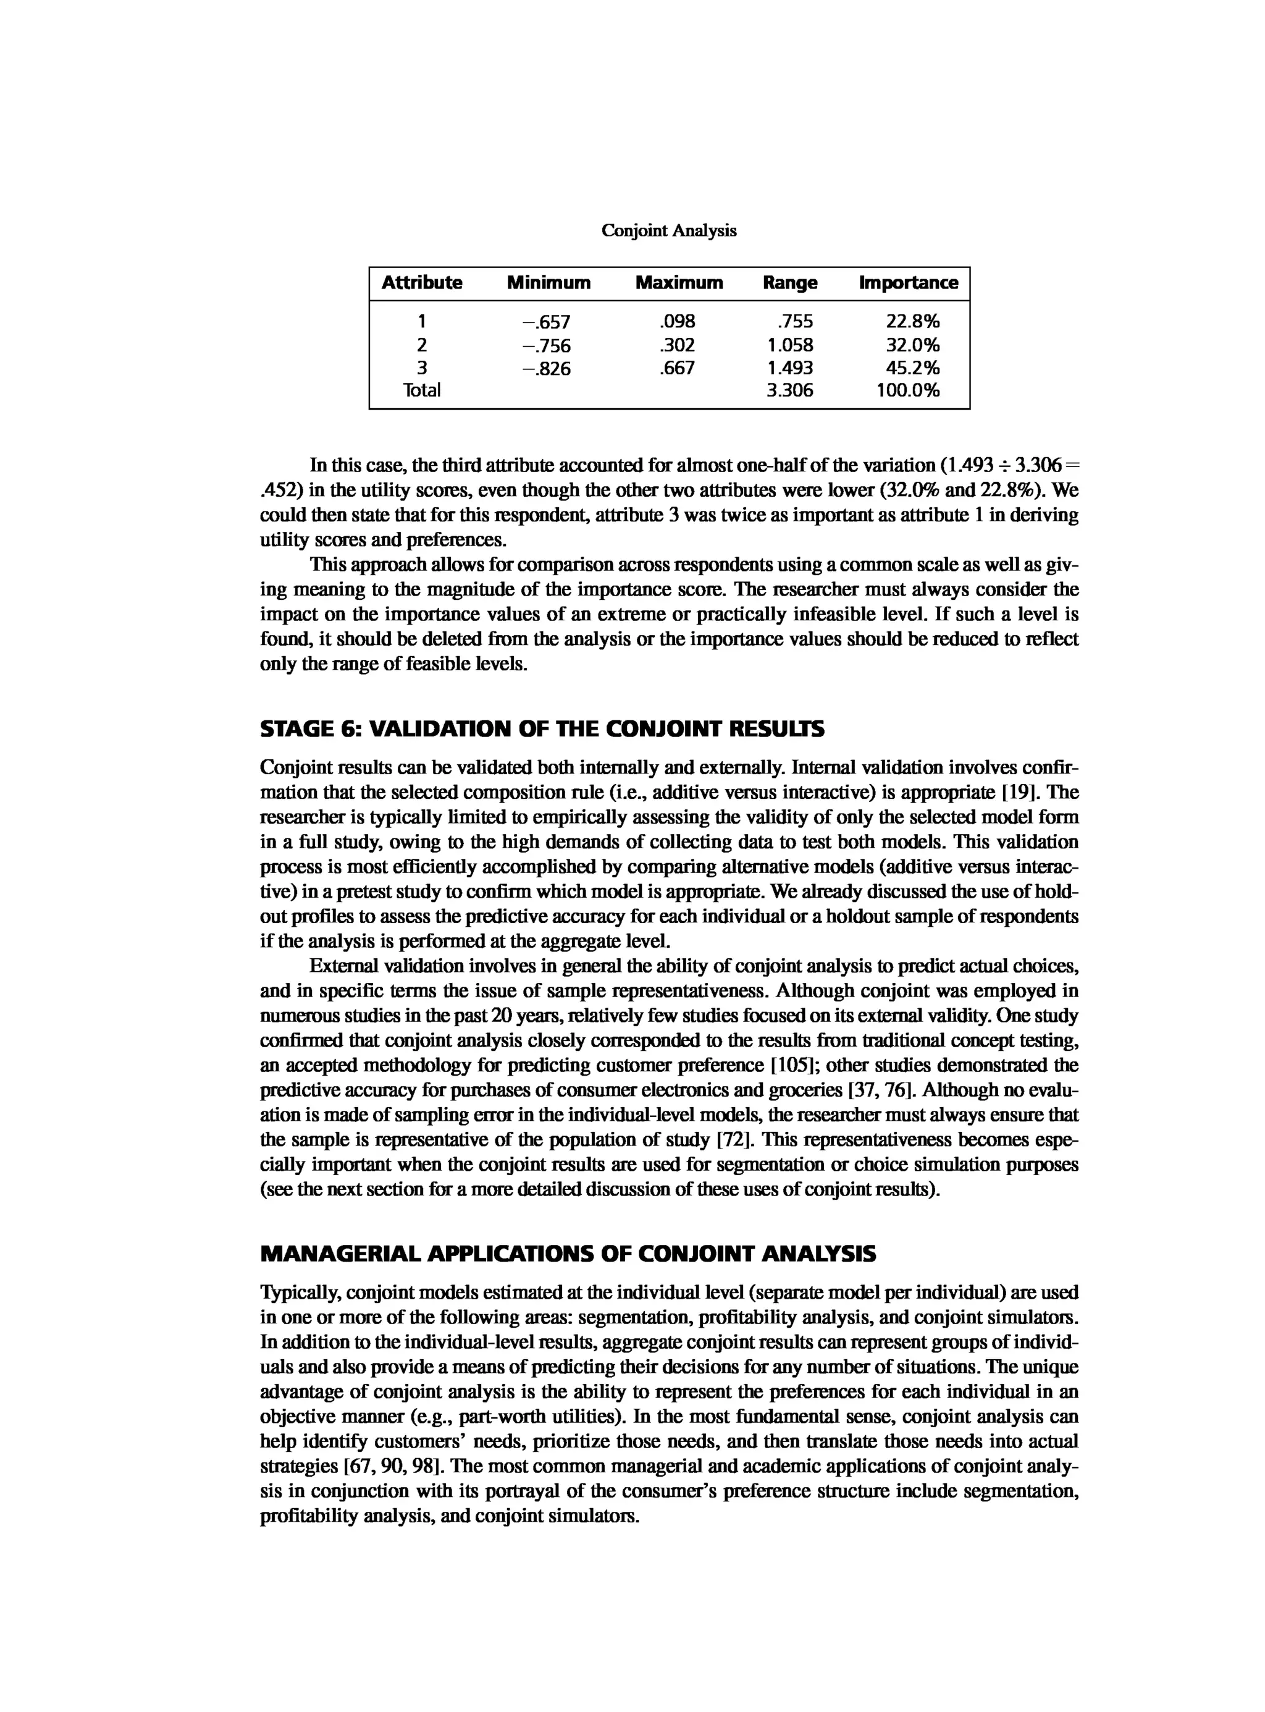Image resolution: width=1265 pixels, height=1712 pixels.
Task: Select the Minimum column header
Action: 548,282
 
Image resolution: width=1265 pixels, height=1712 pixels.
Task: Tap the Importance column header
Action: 907,282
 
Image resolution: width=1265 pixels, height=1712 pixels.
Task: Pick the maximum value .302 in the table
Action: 677,345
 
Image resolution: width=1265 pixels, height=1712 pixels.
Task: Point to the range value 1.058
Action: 789,345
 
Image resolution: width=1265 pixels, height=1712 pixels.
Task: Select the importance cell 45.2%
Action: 911,368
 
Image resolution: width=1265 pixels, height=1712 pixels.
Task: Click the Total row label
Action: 422,390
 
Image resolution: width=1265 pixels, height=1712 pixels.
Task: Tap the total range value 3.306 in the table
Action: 789,390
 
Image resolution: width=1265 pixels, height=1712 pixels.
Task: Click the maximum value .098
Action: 677,322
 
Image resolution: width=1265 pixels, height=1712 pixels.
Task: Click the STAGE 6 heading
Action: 542,728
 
